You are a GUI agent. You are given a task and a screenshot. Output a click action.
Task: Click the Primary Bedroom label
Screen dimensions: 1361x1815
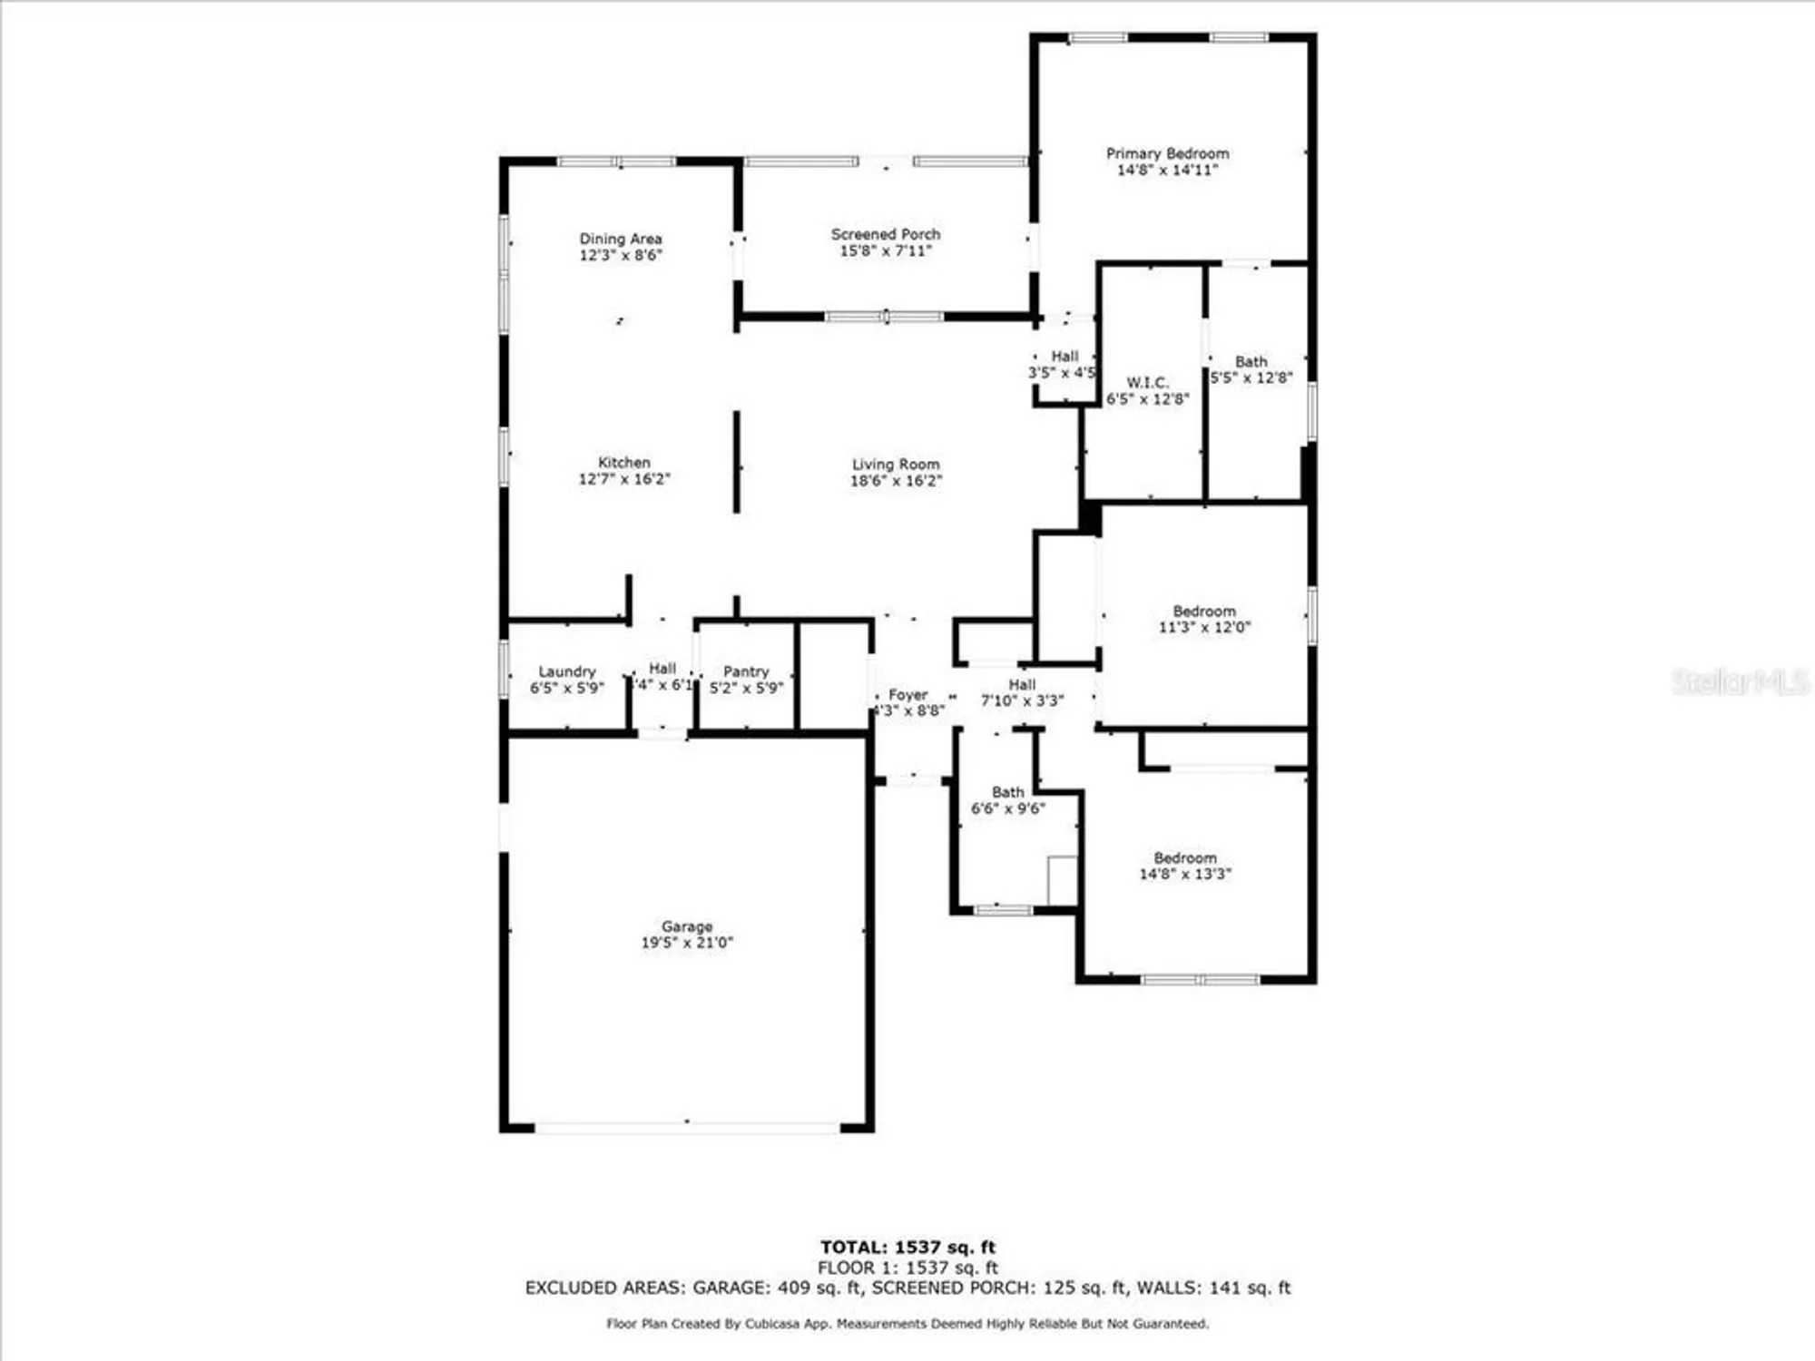pos(1167,154)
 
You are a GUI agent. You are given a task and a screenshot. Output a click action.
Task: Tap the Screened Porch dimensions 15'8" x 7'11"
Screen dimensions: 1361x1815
pos(886,251)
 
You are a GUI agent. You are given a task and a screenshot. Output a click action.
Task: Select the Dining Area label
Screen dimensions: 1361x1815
pos(621,239)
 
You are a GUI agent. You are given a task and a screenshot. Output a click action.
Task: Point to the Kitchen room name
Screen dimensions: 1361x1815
pos(623,463)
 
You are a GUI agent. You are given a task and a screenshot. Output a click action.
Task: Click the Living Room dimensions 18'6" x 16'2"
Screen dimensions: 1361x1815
pos(896,481)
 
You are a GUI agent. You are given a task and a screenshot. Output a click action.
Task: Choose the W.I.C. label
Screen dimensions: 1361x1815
pos(1147,383)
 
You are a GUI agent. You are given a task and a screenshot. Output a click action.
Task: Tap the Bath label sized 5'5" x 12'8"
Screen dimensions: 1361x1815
pos(1251,361)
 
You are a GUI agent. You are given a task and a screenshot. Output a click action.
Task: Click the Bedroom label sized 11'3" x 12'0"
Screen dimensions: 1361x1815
pos(1203,612)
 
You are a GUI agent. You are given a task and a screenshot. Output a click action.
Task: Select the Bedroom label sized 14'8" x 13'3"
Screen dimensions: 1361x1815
pos(1184,858)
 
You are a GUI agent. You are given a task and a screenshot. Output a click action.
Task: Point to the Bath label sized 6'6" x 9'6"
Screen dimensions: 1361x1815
pos(1007,792)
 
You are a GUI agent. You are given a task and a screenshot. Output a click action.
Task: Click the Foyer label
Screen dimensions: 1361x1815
pos(907,695)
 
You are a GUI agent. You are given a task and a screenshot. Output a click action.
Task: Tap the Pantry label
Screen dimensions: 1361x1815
pos(746,671)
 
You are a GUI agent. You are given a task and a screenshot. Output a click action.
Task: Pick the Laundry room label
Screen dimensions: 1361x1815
pos(567,671)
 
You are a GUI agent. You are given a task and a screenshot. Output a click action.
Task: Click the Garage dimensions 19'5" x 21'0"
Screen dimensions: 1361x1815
pos(687,943)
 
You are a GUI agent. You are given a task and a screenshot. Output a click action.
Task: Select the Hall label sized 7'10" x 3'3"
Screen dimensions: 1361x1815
pos(1022,685)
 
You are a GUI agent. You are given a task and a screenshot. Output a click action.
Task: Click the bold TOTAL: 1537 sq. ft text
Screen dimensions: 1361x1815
pos(907,1248)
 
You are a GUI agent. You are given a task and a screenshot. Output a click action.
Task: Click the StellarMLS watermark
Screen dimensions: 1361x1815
pos(1740,682)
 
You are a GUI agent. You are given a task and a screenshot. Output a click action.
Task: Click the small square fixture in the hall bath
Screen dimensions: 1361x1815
pos(1062,879)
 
